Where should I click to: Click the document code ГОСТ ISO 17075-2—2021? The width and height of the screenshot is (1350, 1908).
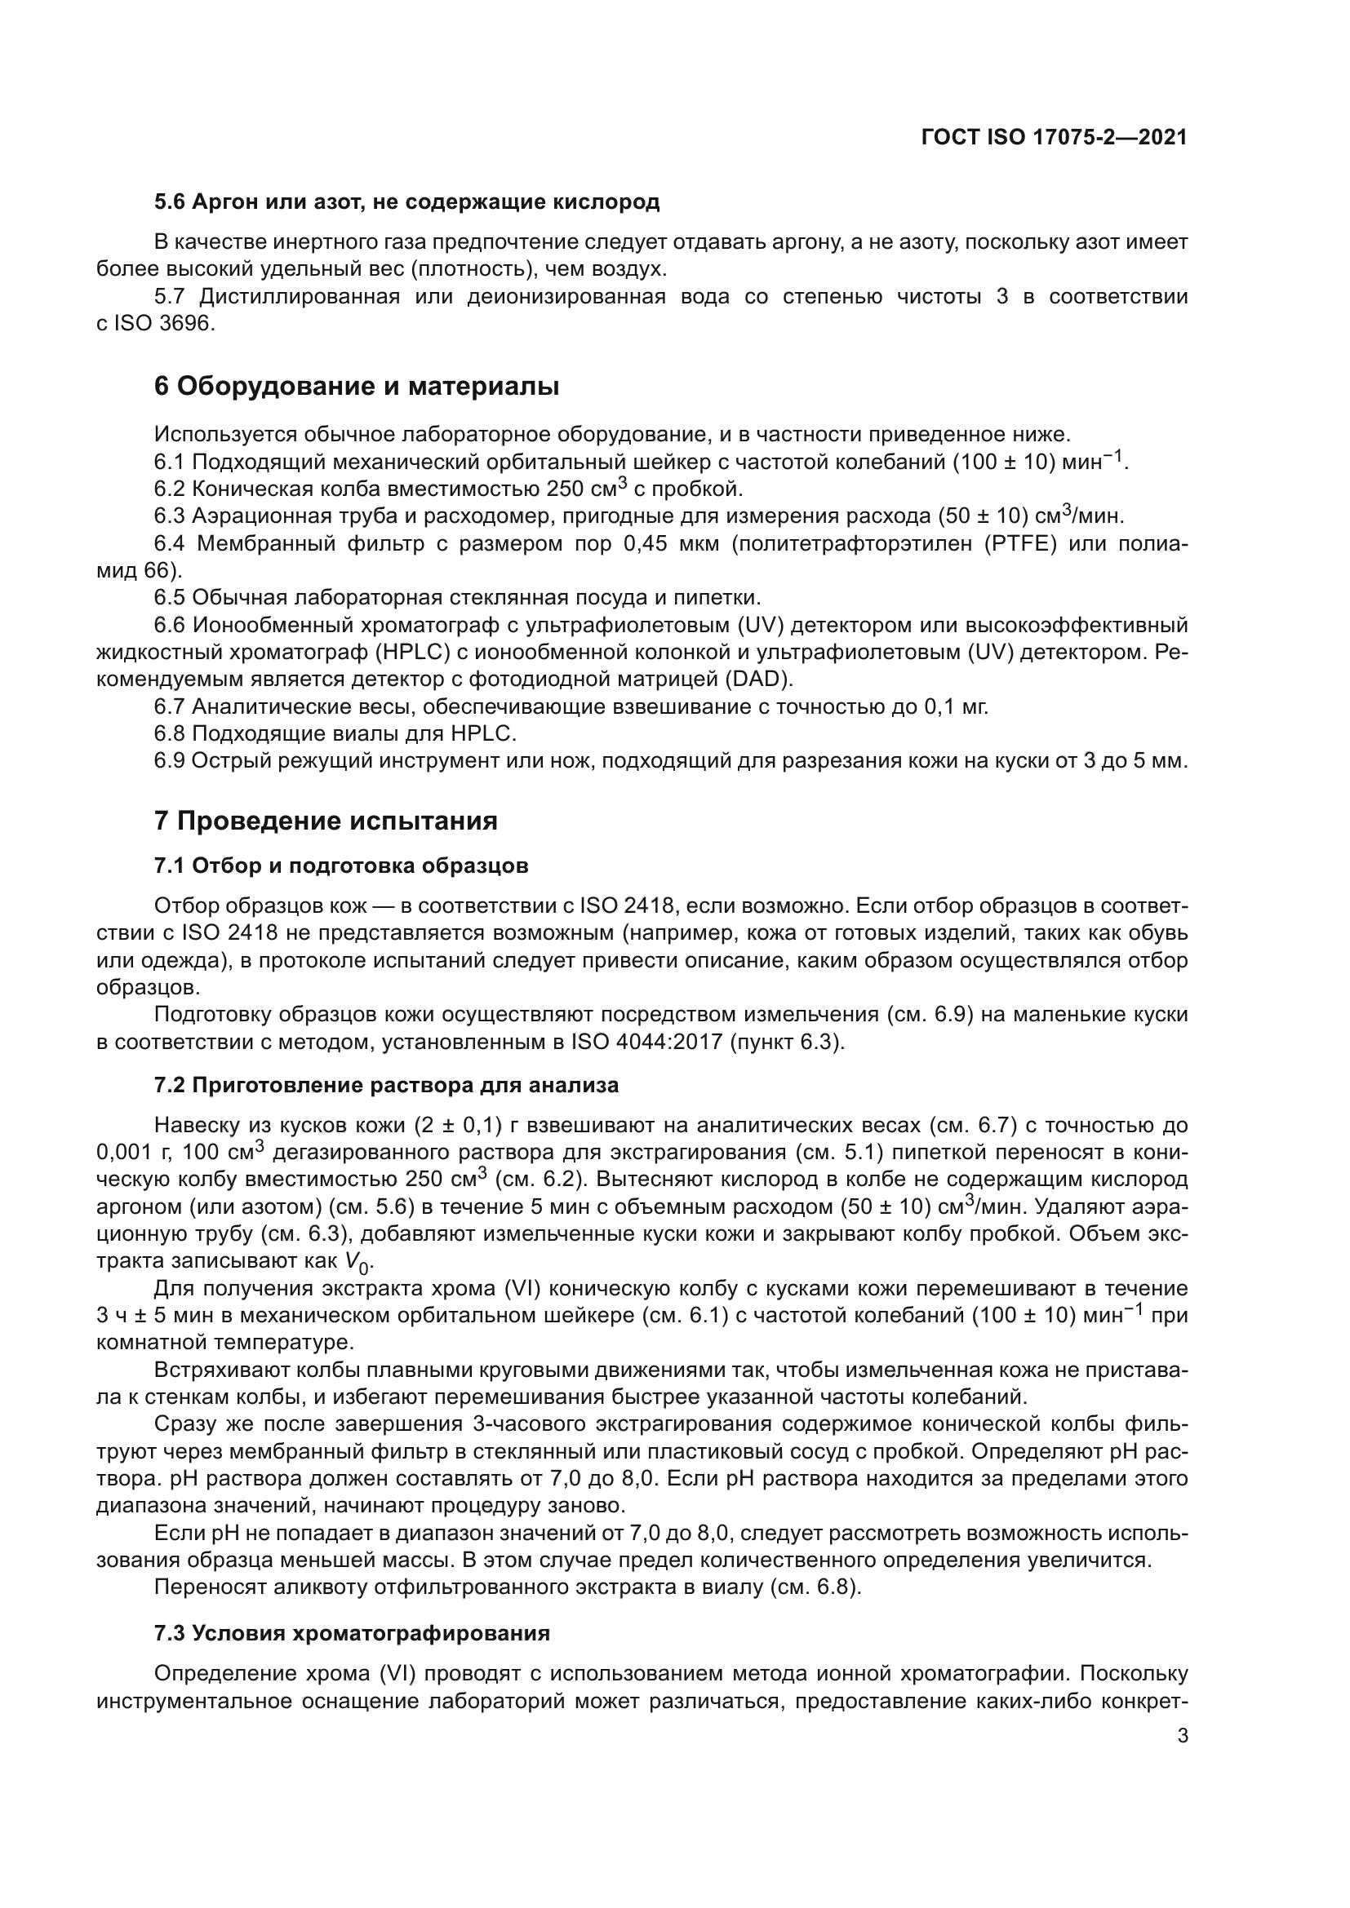pos(1053,138)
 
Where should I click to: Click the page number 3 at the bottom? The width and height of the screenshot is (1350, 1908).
pos(1182,1736)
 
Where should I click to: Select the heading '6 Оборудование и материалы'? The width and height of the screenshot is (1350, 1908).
pos(356,387)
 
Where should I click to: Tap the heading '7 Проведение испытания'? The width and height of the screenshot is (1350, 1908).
pos(325,821)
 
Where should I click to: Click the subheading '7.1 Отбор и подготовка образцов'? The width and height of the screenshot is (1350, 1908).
pos(341,866)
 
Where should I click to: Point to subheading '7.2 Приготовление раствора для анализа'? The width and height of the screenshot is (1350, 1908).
pos(386,1085)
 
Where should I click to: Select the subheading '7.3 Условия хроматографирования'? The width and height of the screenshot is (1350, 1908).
pos(352,1633)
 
